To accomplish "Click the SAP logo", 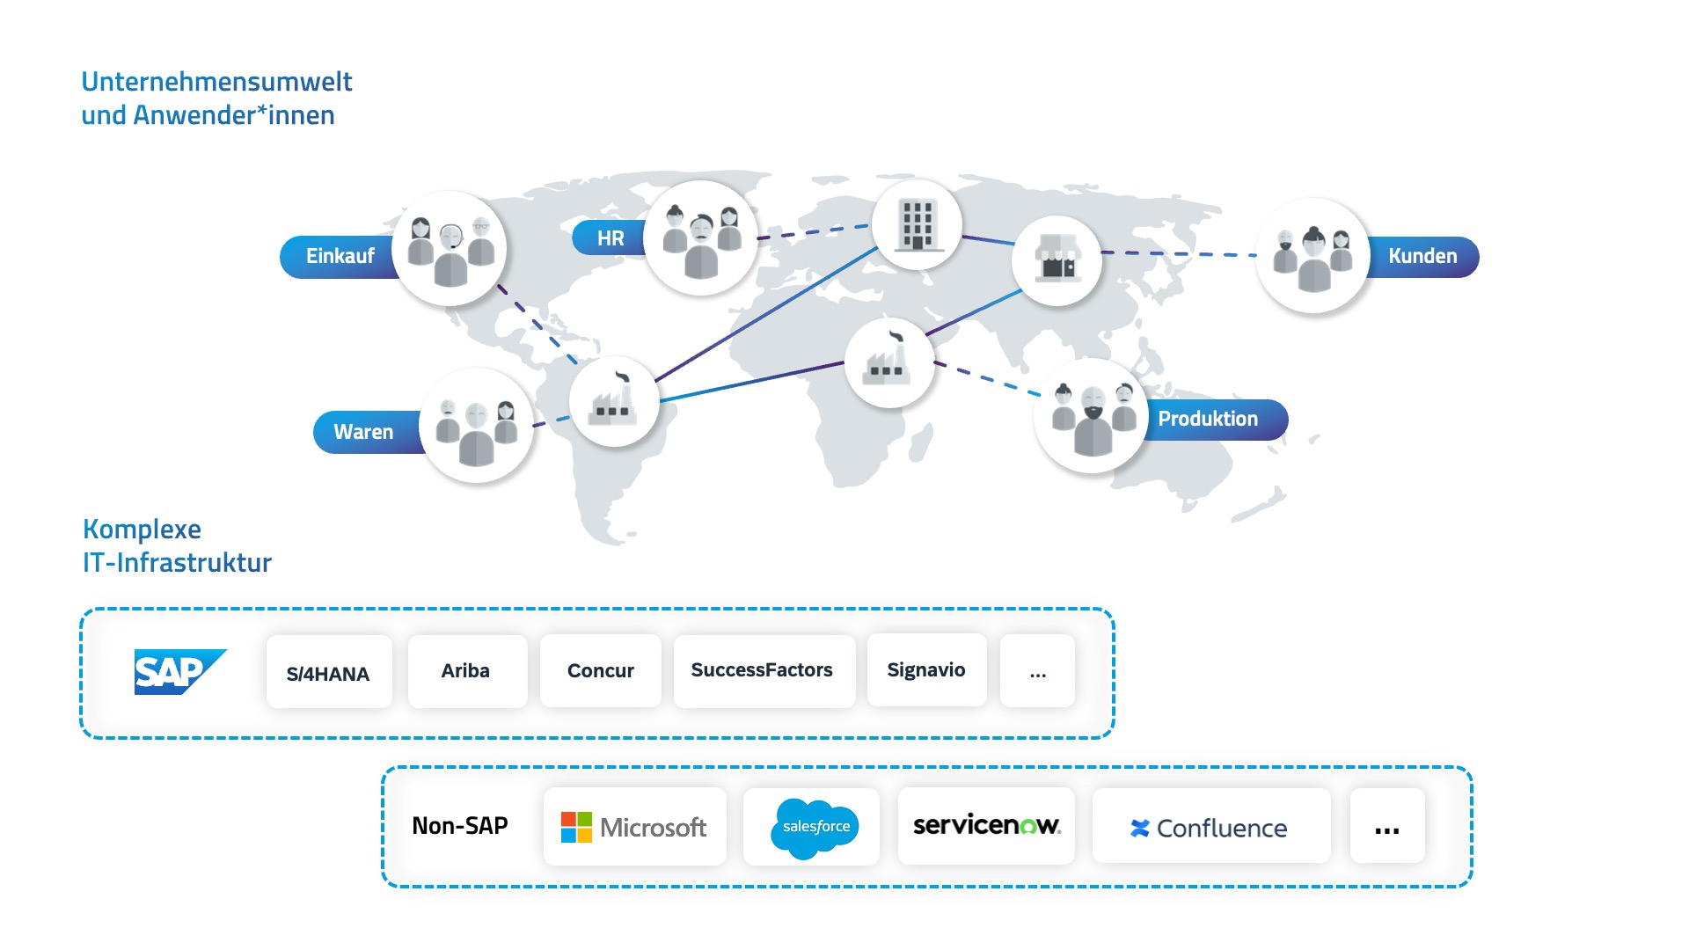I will [x=179, y=672].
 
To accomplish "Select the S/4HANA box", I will [x=328, y=673].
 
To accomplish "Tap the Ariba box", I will [x=466, y=671].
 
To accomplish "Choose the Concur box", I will [x=600, y=671].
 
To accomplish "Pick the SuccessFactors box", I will [x=762, y=670].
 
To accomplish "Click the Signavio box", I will [x=925, y=670].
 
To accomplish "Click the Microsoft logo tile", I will [x=634, y=827].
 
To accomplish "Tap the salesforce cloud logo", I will [x=815, y=827].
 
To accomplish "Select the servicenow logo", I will [x=986, y=826].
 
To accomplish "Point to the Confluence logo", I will [x=1210, y=828].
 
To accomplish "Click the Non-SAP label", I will [x=460, y=826].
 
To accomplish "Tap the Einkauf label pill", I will [x=339, y=256].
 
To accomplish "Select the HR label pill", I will [x=610, y=238].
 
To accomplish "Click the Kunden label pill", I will [x=1422, y=256].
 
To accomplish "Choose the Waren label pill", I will [x=363, y=432].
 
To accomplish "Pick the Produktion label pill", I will [x=1209, y=419].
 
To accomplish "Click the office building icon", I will [x=917, y=224].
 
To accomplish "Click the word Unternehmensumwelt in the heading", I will [x=216, y=82].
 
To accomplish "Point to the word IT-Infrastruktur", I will [x=177, y=563].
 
